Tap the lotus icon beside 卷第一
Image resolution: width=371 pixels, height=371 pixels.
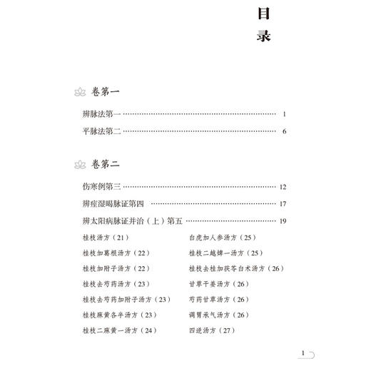(x=79, y=93)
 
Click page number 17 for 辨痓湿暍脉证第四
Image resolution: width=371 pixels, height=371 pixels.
(x=283, y=204)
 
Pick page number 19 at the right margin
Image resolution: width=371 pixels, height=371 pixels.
(x=283, y=221)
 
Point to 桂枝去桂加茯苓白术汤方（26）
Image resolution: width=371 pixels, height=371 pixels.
(x=236, y=269)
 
